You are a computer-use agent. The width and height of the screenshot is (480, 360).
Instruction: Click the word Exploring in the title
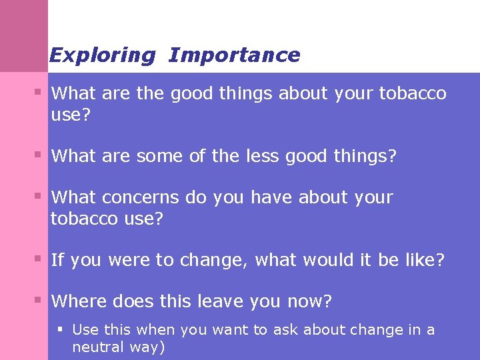(102, 55)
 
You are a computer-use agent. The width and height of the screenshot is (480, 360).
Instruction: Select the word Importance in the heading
(234, 55)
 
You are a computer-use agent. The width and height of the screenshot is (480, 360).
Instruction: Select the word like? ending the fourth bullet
(423, 260)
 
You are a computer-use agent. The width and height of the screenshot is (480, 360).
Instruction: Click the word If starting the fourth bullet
(57, 260)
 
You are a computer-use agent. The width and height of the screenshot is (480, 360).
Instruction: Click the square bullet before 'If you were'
(39, 259)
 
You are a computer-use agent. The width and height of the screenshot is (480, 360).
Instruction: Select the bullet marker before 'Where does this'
(39, 300)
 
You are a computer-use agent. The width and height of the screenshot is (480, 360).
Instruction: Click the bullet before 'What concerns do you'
(39, 196)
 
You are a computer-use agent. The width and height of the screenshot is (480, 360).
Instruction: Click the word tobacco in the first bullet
(413, 94)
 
